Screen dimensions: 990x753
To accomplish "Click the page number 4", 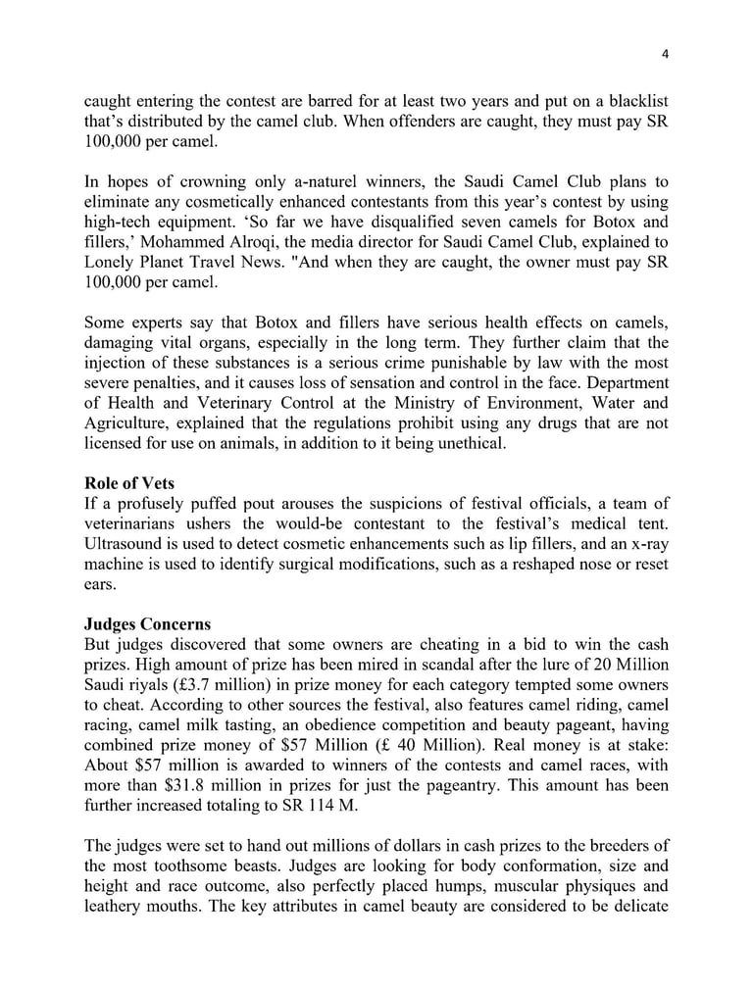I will tap(665, 54).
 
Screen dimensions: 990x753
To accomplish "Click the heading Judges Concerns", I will tap(147, 624).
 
